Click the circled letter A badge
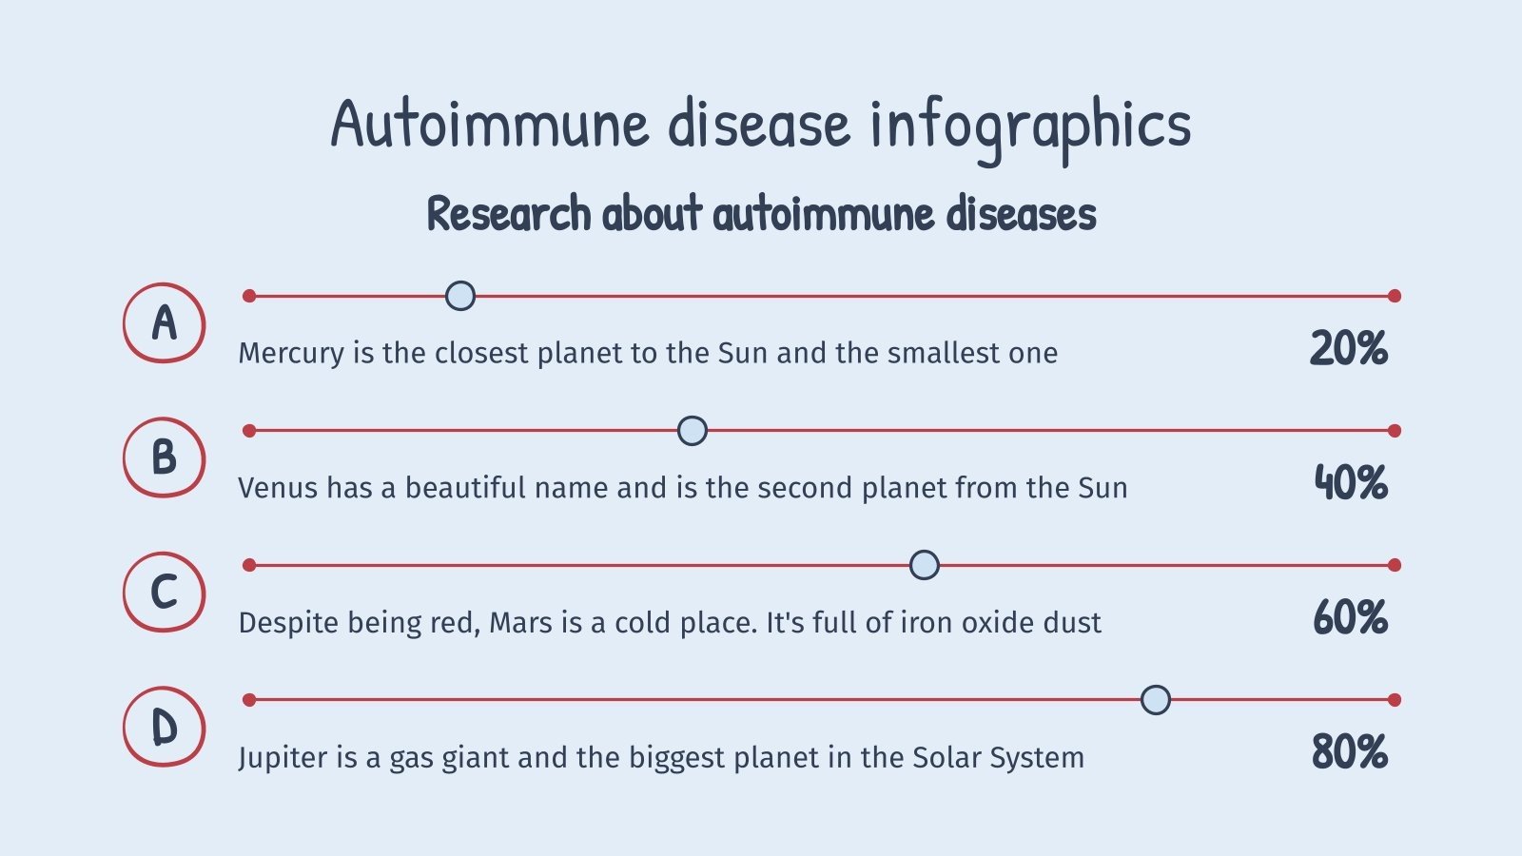(164, 323)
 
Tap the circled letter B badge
(164, 457)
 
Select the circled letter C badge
(164, 593)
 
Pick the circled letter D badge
(164, 728)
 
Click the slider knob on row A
(460, 296)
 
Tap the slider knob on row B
(693, 431)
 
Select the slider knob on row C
(924, 565)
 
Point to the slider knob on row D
(1156, 700)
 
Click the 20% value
(1349, 349)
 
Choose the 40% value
(1351, 483)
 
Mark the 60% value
(1350, 618)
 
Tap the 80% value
(1350, 752)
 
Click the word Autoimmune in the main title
(490, 125)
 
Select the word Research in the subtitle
(509, 214)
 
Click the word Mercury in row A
(291, 354)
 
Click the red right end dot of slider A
(1395, 296)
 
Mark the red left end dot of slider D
(249, 700)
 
